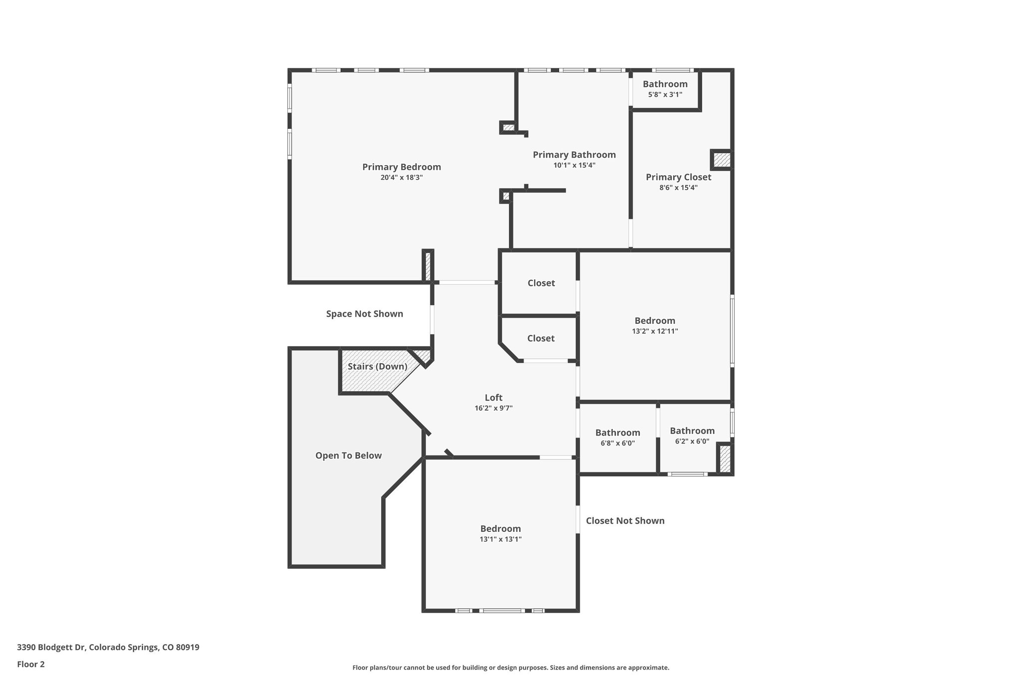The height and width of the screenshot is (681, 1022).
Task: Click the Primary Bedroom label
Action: click(x=401, y=167)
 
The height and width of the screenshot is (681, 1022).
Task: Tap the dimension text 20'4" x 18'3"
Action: click(x=401, y=178)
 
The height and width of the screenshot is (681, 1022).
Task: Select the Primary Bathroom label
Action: click(x=574, y=155)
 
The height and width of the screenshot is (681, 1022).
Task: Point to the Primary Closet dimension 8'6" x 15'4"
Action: click(x=678, y=188)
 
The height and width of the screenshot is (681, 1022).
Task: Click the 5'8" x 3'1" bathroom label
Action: click(x=665, y=94)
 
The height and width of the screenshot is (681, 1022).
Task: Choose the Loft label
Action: click(x=494, y=398)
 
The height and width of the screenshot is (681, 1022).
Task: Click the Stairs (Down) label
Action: click(x=377, y=367)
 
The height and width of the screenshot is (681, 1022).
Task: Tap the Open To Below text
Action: click(x=348, y=455)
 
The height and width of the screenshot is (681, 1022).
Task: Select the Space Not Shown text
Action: click(x=364, y=314)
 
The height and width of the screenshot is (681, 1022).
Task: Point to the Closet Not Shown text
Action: click(x=625, y=521)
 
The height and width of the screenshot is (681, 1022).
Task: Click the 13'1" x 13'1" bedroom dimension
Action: click(x=501, y=539)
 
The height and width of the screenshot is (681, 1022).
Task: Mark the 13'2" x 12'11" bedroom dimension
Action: click(x=655, y=331)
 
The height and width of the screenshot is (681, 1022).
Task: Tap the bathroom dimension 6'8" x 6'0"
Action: click(x=617, y=443)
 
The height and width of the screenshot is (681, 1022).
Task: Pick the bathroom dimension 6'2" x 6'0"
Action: click(x=692, y=442)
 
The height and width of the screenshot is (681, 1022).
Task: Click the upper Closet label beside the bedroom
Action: click(x=541, y=283)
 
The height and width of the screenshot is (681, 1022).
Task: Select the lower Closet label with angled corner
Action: click(x=540, y=338)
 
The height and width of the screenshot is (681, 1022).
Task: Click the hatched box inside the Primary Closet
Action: click(x=721, y=160)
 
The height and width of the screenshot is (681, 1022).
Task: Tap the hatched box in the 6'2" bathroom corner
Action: click(x=725, y=458)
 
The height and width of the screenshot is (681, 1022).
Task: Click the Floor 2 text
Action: click(x=31, y=665)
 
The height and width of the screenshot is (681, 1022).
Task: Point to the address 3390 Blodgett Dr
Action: click(x=108, y=648)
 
